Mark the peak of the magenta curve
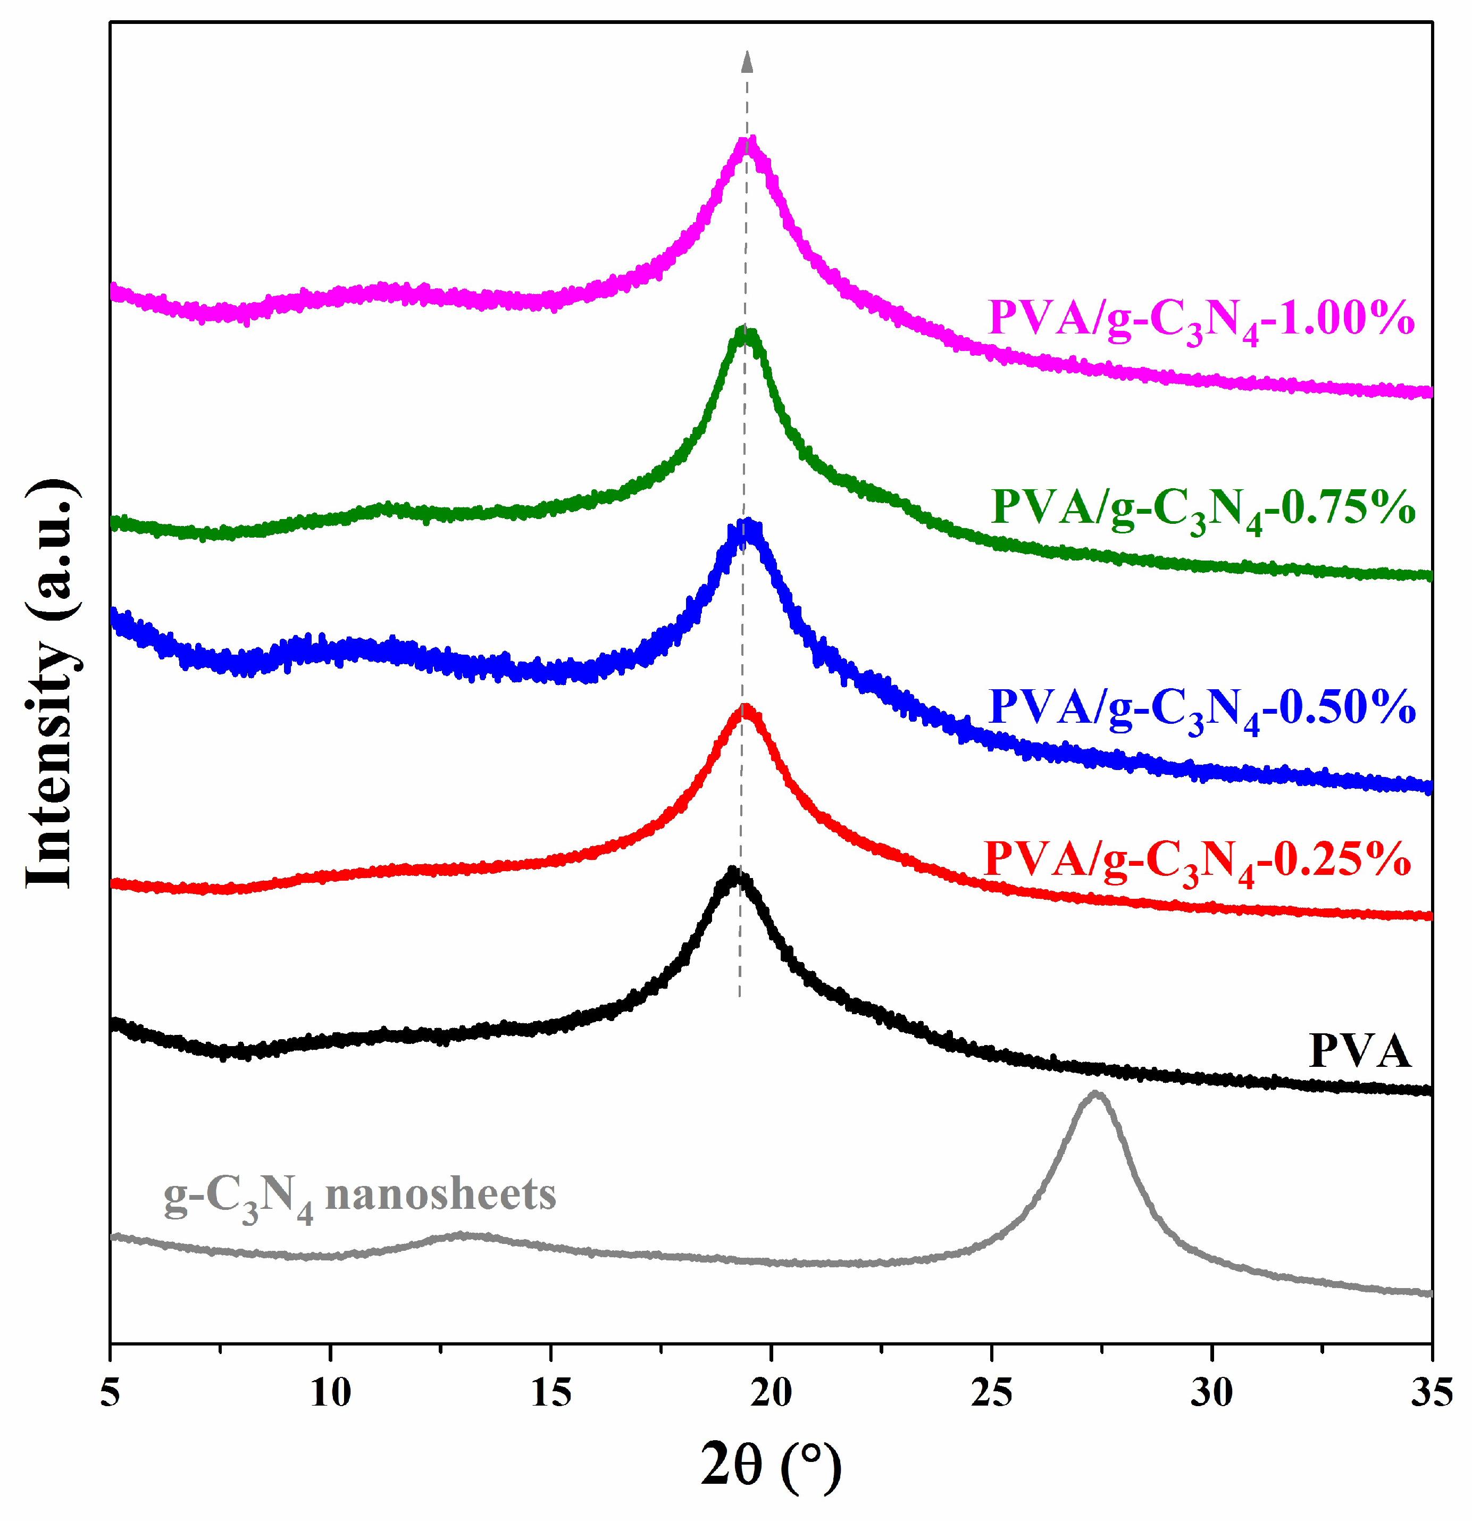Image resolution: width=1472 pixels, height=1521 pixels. tap(747, 142)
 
